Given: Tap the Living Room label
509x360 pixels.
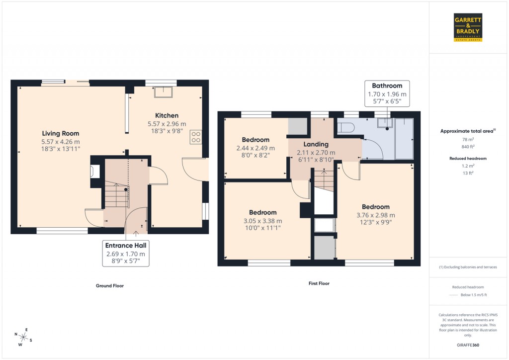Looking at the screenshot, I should click(60, 133).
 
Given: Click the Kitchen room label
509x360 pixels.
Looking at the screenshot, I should click(167, 116).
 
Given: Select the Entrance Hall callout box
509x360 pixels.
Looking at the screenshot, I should click(126, 253).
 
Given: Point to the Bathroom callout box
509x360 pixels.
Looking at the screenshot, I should click(387, 93).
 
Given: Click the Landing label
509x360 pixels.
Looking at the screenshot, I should click(316, 145).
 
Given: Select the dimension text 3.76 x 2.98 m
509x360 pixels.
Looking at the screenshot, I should click(375, 215).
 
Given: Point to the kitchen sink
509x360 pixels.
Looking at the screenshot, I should click(163, 91).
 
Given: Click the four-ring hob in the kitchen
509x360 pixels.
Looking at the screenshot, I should click(195, 137).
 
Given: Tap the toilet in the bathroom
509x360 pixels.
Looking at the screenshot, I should click(345, 128).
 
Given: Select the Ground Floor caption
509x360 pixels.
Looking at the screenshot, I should click(110, 286).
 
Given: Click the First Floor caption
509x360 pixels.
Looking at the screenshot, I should click(319, 283).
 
